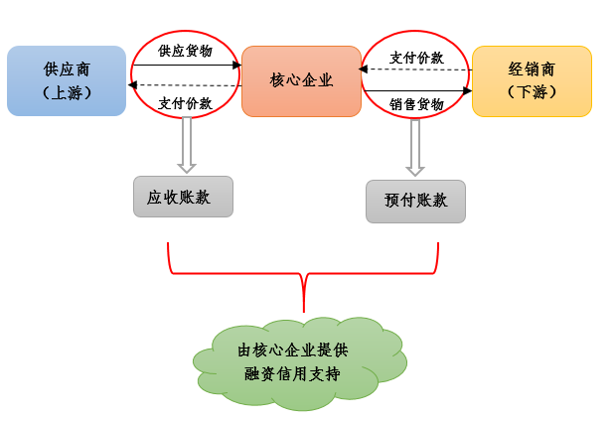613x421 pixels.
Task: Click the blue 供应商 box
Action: (x=67, y=80)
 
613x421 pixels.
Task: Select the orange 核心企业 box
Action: (x=301, y=80)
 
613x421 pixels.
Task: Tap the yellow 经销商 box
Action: (x=532, y=80)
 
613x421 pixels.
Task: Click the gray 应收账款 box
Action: (x=183, y=197)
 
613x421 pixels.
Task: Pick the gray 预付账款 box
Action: (x=415, y=201)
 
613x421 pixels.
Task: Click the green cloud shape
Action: (x=301, y=362)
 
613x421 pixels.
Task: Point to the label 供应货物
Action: (x=186, y=50)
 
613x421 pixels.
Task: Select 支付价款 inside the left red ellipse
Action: (x=186, y=103)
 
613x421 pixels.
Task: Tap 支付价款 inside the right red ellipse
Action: (x=416, y=58)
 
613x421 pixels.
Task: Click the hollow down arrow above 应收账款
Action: (x=186, y=144)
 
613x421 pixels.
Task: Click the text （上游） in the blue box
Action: (x=67, y=92)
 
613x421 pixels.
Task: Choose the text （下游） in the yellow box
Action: (x=532, y=92)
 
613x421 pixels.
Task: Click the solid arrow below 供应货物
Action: (x=186, y=66)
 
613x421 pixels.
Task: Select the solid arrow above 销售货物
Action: (x=416, y=90)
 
